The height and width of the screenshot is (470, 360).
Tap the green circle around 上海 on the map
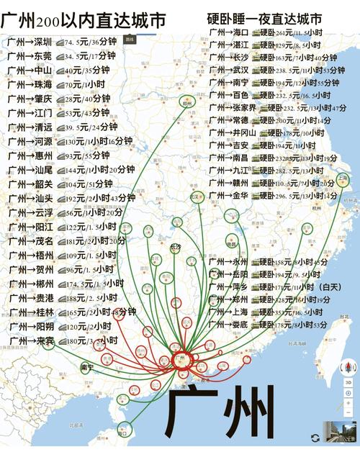point(343,180)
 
